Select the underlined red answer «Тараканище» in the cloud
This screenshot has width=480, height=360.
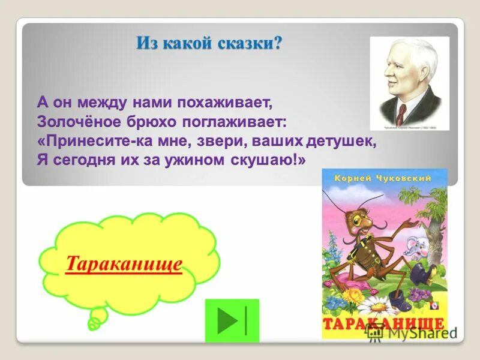pyautogui.click(x=124, y=264)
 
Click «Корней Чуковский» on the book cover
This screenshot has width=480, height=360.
pyautogui.click(x=384, y=179)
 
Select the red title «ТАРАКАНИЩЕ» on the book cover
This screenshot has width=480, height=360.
pyautogui.click(x=384, y=325)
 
